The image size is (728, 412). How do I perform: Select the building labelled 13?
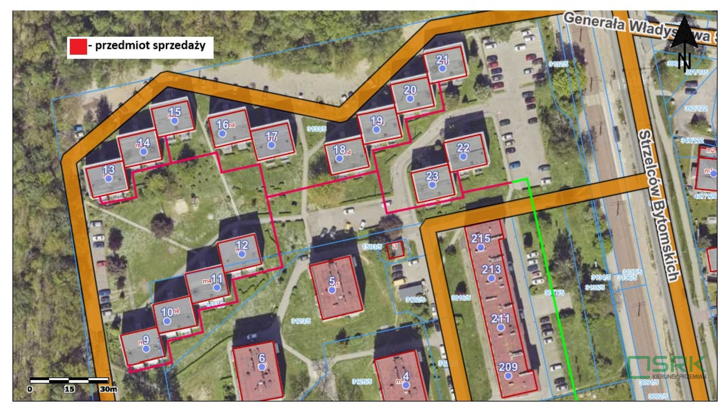tap(107, 177)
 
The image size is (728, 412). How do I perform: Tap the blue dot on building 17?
tap(271, 145)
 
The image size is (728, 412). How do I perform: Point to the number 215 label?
tap(481, 239)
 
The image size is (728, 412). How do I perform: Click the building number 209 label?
tap(508, 367)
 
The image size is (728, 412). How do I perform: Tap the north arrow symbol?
tap(685, 43)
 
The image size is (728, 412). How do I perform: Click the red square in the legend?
tap(77, 47)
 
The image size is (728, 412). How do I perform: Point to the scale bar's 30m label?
tap(108, 389)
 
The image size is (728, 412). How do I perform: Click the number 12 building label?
tap(242, 245)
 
